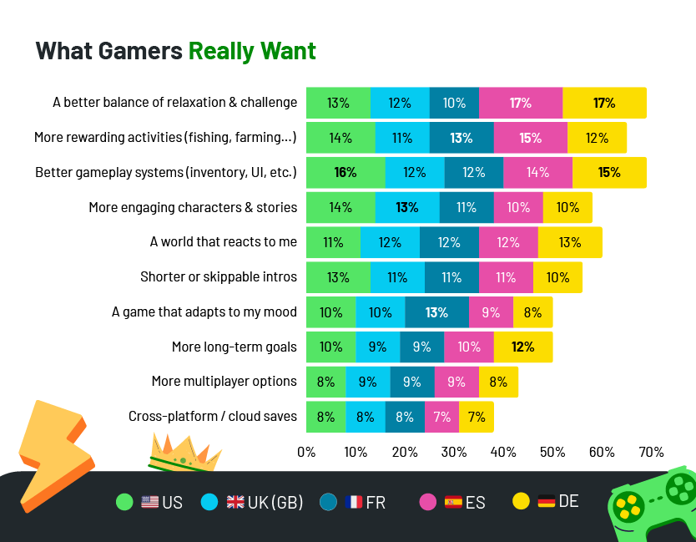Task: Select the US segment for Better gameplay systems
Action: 345,172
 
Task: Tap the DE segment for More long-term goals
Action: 522,347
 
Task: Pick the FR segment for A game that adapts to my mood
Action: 436,312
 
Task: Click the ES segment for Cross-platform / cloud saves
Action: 441,417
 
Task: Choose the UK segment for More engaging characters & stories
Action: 406,207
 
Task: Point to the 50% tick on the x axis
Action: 552,452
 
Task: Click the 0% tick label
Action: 306,452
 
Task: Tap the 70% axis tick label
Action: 651,452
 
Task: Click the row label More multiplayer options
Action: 224,381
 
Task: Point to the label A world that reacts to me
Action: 223,241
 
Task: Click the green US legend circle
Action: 124,502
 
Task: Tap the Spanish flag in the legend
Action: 453,502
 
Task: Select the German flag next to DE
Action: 546,501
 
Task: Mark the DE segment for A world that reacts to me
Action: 570,242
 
